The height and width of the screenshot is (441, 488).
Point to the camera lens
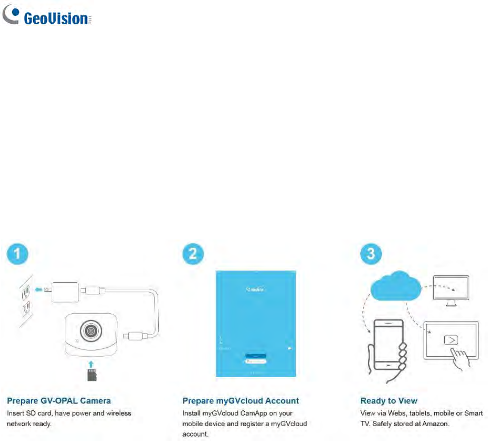90,331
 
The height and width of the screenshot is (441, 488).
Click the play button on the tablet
451,340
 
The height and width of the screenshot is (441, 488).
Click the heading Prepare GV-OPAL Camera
59,401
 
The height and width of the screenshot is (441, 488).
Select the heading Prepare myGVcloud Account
241,401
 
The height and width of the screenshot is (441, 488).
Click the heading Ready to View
389,401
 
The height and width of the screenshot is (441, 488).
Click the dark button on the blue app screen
256,356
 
